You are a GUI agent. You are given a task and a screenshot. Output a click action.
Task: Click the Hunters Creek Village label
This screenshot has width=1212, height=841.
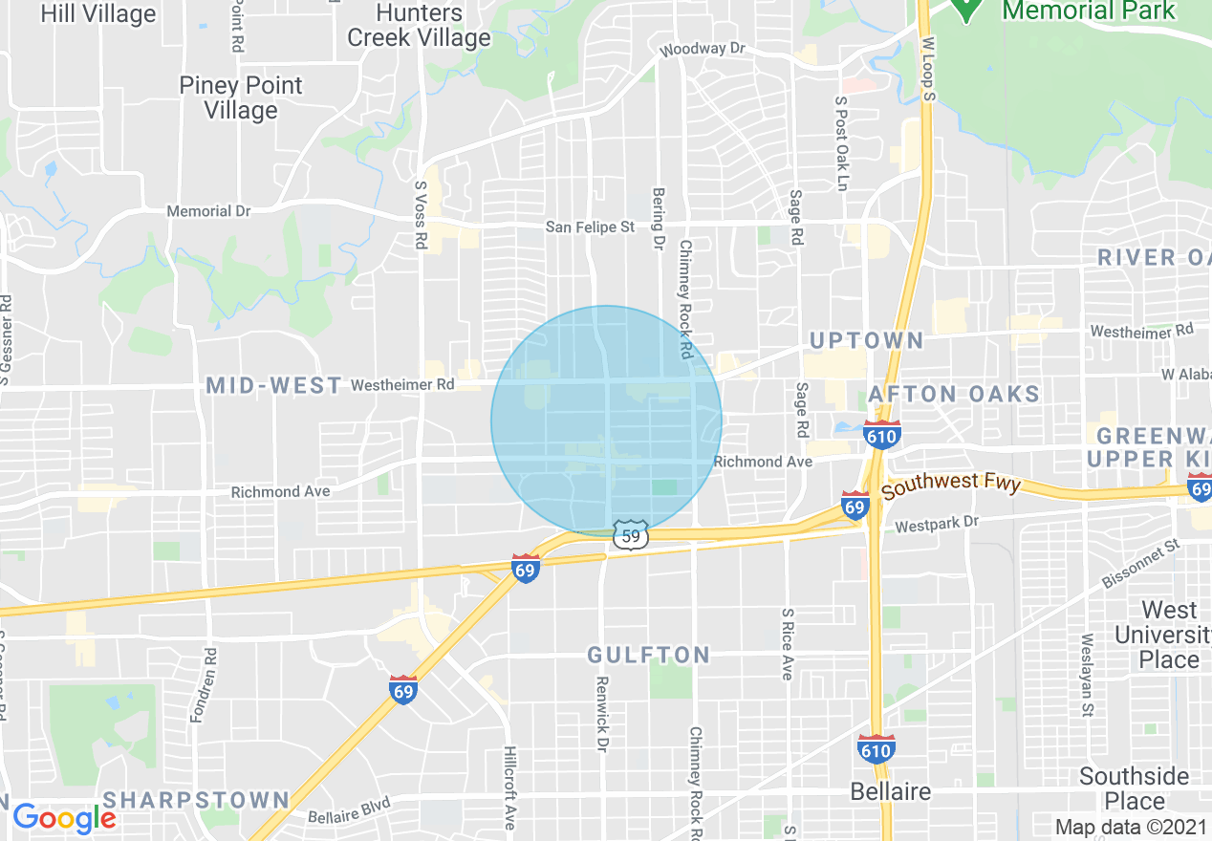419,26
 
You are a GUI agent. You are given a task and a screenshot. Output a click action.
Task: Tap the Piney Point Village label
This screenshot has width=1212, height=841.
241,97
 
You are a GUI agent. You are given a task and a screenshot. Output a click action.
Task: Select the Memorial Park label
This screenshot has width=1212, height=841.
1088,11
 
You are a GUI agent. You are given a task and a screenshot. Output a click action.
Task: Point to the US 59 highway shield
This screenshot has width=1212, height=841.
631,536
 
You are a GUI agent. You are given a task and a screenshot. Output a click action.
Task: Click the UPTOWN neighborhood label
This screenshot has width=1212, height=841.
867,341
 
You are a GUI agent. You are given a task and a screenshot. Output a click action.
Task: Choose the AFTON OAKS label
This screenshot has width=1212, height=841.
953,394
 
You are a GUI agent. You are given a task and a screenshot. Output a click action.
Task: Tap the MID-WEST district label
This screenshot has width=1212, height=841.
274,385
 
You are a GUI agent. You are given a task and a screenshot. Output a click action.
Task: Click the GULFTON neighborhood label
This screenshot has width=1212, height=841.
648,655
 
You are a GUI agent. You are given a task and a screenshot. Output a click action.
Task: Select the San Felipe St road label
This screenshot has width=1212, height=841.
590,227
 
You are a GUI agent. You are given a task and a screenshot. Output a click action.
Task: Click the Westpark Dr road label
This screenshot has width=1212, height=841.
938,524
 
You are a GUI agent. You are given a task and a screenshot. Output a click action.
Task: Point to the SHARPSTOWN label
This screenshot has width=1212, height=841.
196,800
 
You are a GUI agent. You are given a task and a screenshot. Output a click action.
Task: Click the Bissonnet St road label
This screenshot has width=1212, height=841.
1143,566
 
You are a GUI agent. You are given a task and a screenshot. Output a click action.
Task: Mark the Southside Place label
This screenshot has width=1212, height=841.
1135,788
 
